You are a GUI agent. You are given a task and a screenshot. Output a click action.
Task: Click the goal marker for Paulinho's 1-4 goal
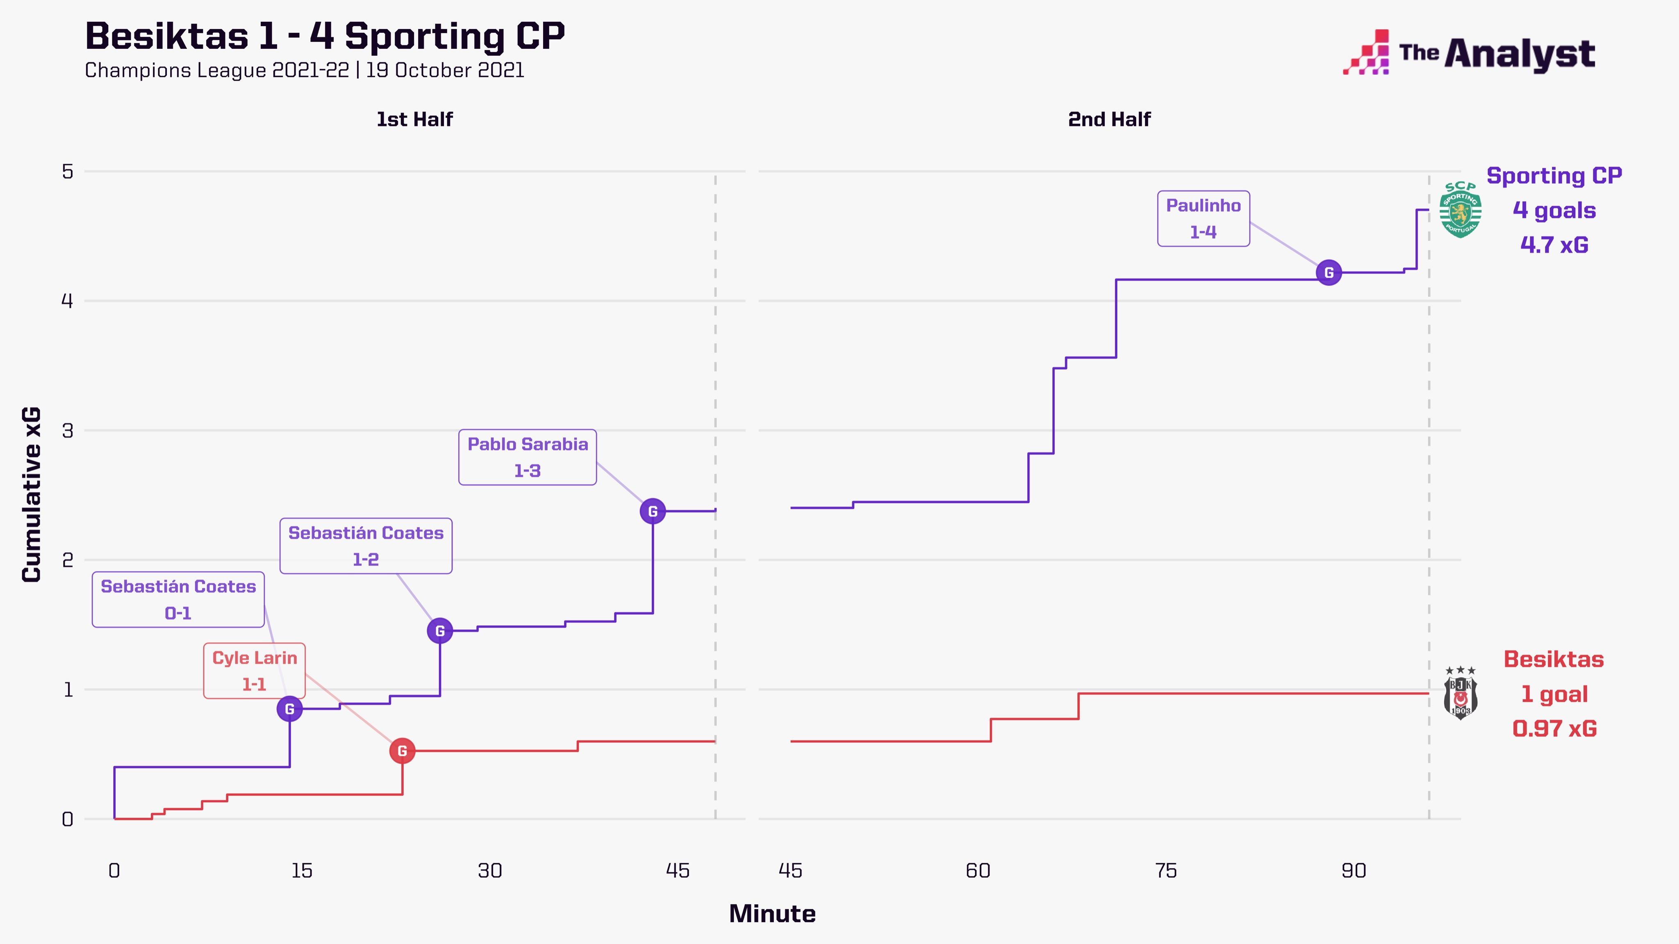coord(1329,272)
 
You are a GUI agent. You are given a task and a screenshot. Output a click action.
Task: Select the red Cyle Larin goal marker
coord(402,751)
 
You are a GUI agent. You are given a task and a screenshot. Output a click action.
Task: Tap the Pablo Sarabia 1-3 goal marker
coord(653,511)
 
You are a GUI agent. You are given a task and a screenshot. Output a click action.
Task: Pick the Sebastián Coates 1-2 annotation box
coord(366,546)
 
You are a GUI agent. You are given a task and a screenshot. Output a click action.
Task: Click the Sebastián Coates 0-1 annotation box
coord(178,599)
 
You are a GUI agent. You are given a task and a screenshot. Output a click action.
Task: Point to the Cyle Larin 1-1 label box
coord(254,671)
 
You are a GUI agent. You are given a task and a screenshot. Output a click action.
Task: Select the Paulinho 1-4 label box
coord(1203,218)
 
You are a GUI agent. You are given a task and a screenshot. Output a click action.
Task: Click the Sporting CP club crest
coord(1460,210)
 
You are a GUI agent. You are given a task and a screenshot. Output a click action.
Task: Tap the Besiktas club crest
coord(1461,693)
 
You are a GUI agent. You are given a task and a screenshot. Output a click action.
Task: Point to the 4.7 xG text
coord(1554,245)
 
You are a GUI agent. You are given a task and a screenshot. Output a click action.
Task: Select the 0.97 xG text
coord(1554,728)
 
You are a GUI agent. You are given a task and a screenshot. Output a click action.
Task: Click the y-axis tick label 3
coord(67,431)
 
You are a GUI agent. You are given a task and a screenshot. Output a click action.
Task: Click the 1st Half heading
coord(414,119)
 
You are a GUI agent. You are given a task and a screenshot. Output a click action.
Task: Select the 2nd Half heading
coord(1109,119)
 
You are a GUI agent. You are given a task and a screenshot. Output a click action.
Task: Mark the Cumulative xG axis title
coord(31,495)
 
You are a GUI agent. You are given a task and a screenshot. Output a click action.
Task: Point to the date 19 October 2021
coord(445,70)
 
